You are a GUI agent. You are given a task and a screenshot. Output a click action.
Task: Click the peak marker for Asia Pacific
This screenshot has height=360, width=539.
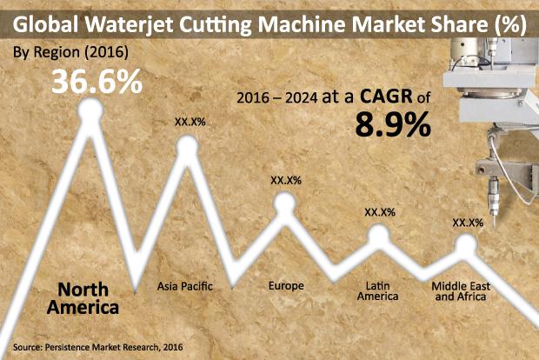tap(188, 145)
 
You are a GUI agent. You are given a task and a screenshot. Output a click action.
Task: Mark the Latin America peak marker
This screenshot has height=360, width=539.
tap(379, 234)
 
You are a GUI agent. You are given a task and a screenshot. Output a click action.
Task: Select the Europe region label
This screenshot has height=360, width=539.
tap(285, 284)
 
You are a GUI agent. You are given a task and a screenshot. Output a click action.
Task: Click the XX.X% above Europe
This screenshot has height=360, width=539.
tap(285, 180)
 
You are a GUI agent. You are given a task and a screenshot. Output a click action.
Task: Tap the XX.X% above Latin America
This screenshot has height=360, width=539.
tap(379, 211)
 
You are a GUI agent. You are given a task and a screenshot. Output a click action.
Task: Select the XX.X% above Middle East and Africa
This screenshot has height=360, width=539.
tap(468, 223)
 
